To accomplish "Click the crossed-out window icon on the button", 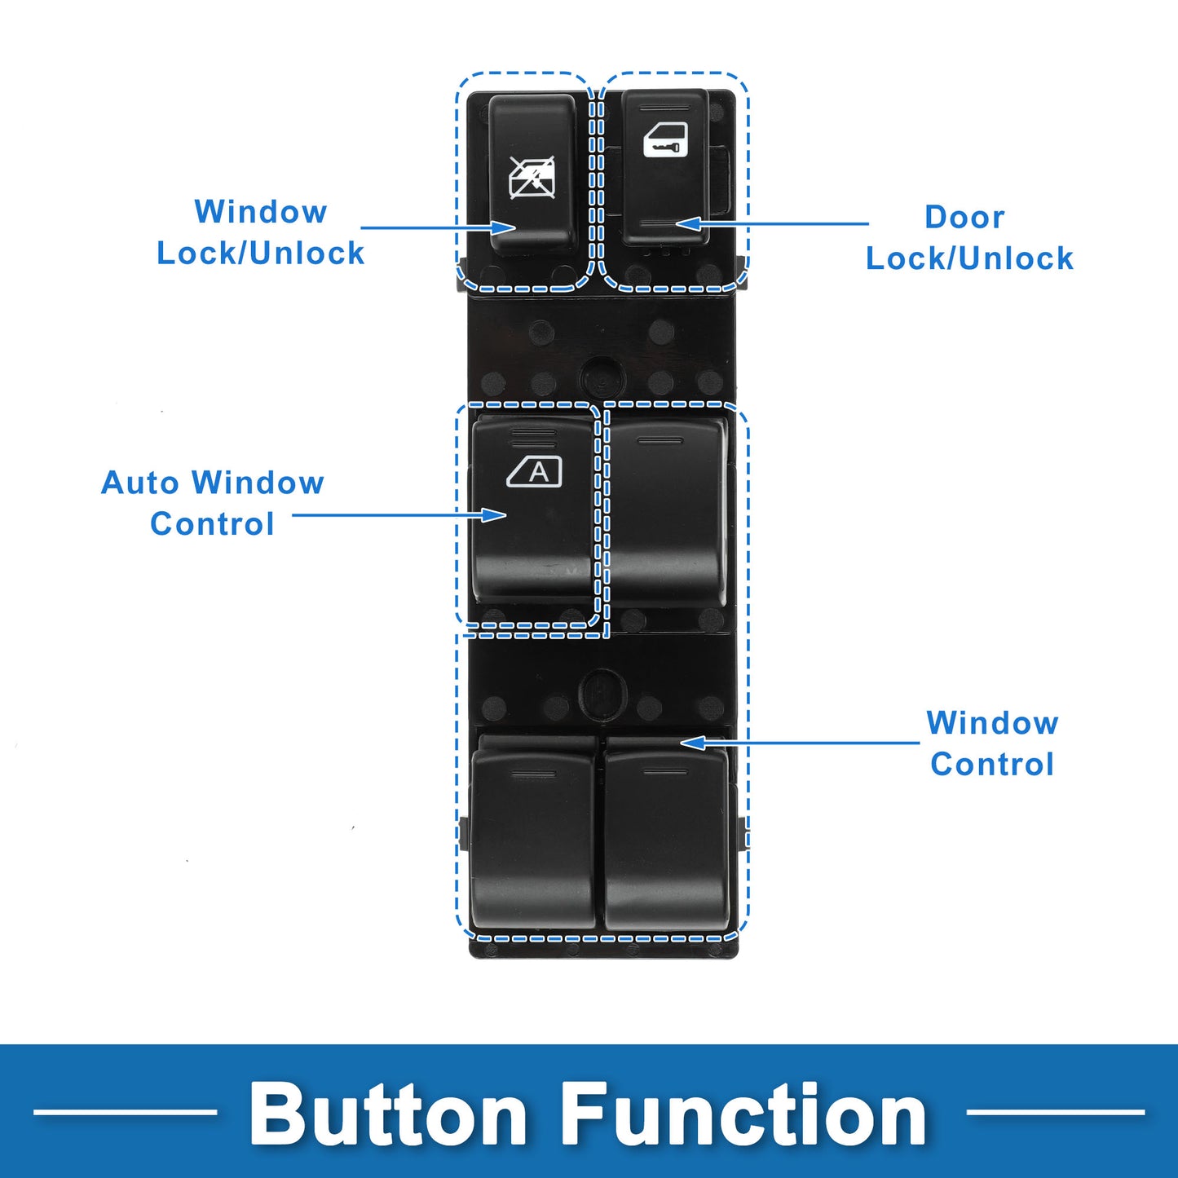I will pos(532,178).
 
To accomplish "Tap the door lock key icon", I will pos(665,139).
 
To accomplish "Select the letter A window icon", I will pos(535,471).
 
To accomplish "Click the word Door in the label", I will pos(964,218).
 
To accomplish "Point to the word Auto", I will pos(139,483).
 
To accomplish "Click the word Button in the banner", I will pos(388,1114).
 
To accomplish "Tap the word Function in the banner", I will pos(745,1114).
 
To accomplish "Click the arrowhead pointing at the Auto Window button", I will pos(494,514).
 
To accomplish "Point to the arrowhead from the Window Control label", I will pos(693,743).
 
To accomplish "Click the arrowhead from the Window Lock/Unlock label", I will pos(503,227).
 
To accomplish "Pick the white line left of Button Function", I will pos(125,1111).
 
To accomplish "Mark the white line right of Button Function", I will pos(1055,1111).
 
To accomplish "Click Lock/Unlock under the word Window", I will pos(260,254).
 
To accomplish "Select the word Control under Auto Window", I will pos(212,524).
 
